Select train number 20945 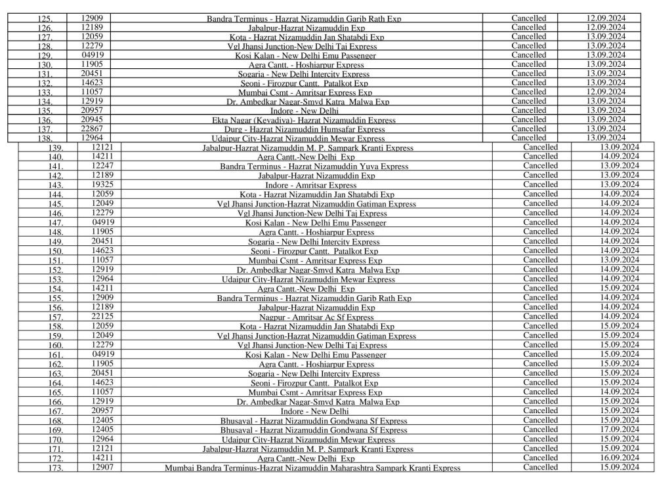(92, 120)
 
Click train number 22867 (92, 129)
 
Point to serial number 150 (56, 251)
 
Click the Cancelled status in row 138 (528, 138)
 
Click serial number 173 (56, 468)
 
